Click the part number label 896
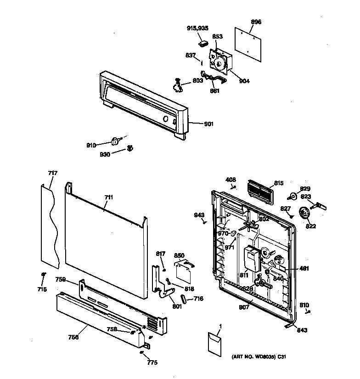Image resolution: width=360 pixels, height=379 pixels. pos(256,22)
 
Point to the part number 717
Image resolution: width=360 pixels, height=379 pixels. pos(53,173)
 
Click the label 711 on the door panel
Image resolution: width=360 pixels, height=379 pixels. pos(108,198)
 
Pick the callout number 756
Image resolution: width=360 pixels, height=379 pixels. pos(73,337)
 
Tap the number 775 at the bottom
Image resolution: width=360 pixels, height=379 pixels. pos(152,362)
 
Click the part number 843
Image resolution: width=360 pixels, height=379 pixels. pos(302,330)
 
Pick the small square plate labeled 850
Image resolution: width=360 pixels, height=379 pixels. pos(185,272)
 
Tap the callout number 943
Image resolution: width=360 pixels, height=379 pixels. pos(199,215)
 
